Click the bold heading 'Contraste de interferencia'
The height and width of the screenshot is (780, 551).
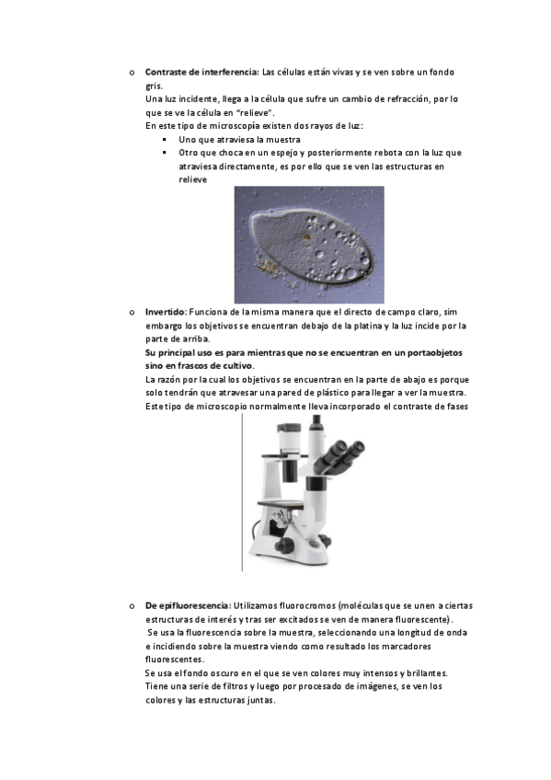pos(201,72)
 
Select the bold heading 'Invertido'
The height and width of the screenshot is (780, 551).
pos(166,313)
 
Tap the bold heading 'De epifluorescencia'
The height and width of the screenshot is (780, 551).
pos(188,606)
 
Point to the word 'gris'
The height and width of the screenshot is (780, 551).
pos(154,86)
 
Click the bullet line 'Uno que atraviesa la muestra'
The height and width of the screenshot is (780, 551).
pos(240,140)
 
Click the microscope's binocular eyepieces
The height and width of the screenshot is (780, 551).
pos(343,453)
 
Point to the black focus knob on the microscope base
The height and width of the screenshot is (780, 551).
pos(284,545)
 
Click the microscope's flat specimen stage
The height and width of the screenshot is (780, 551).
pos(280,505)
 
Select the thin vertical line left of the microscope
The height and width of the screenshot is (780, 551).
pos(242,492)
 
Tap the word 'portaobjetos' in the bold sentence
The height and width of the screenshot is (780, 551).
pos(434,352)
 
